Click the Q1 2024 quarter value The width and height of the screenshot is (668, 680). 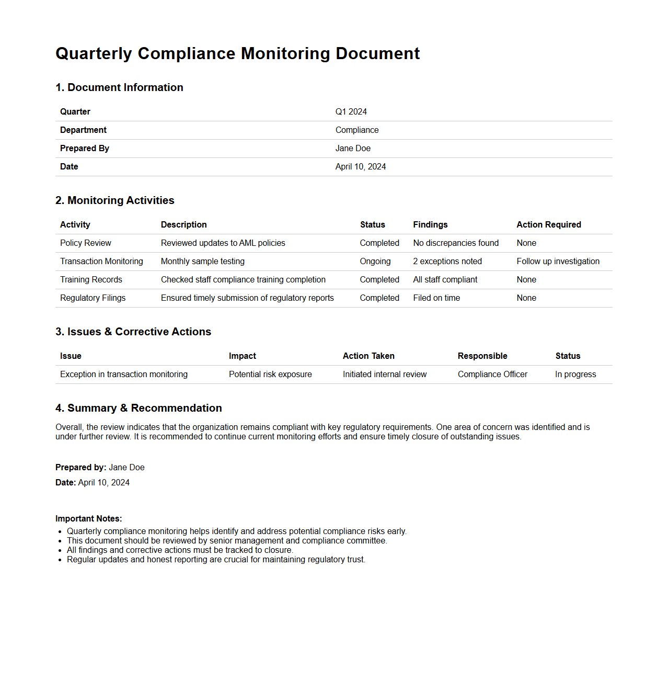click(x=351, y=112)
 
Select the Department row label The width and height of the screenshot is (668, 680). click(x=83, y=130)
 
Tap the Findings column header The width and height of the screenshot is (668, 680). click(x=430, y=225)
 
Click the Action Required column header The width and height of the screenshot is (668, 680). click(x=548, y=225)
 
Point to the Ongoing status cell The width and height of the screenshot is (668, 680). click(x=375, y=262)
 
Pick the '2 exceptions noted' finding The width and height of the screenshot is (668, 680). click(x=447, y=262)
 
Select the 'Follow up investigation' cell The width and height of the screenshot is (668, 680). click(x=558, y=262)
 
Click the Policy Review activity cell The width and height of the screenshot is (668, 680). click(x=85, y=243)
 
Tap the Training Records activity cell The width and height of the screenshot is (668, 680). click(x=91, y=280)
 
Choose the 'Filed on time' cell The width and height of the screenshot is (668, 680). click(x=436, y=298)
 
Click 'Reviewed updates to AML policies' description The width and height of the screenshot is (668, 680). click(x=223, y=243)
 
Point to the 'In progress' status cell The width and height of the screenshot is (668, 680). click(x=575, y=375)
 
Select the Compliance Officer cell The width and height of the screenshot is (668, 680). click(x=492, y=375)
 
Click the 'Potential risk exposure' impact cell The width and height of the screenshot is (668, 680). click(x=270, y=375)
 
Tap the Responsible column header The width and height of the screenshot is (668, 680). click(x=482, y=356)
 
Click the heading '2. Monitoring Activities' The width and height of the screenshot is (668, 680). click(x=114, y=200)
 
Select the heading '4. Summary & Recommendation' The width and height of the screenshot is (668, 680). click(x=139, y=408)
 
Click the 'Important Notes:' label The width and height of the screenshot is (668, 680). click(x=88, y=519)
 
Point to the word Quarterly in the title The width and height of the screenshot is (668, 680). click(x=94, y=54)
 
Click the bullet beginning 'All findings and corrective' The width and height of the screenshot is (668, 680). click(x=180, y=550)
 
